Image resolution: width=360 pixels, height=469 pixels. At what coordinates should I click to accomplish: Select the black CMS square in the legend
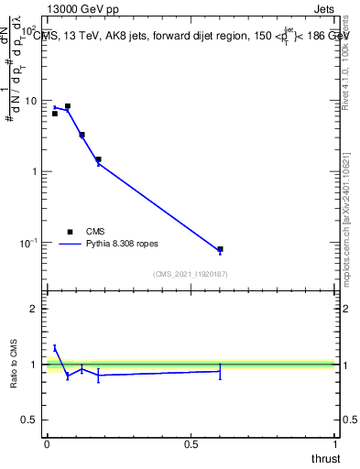[69, 232]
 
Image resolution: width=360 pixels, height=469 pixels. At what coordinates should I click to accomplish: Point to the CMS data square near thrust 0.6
[220, 249]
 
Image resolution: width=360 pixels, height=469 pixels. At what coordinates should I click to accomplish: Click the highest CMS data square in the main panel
[68, 106]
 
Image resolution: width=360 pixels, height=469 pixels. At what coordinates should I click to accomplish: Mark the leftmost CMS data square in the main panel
[55, 114]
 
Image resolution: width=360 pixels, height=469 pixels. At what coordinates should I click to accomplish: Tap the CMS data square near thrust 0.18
[98, 159]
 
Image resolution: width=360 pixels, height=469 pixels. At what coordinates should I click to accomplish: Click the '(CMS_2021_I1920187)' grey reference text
[191, 273]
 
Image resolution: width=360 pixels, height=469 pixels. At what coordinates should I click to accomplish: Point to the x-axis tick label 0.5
[191, 443]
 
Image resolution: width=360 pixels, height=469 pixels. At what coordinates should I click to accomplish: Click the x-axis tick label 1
[335, 443]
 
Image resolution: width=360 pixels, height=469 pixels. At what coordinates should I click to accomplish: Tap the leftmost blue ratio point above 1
[55, 347]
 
